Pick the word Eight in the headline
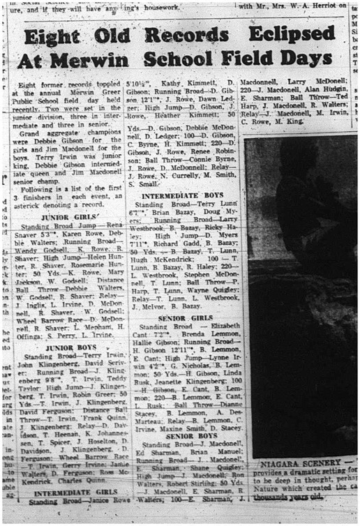click(54, 35)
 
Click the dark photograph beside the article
click(301, 293)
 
